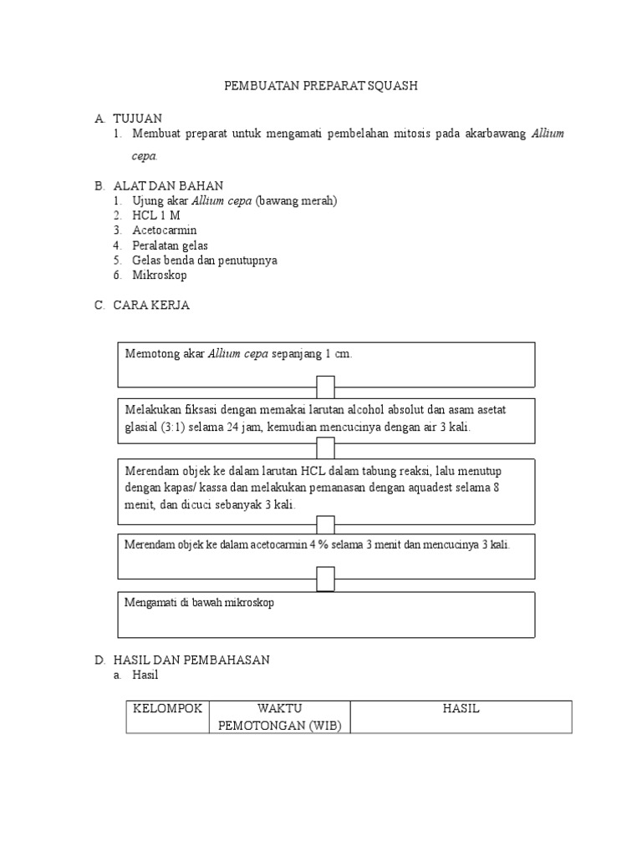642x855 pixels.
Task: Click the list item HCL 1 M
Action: click(155, 215)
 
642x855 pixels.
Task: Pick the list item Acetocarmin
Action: click(164, 230)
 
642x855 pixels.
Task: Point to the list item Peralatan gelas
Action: click(170, 245)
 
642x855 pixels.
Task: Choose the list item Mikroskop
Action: click(160, 275)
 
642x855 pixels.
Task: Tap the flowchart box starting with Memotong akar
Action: click(326, 364)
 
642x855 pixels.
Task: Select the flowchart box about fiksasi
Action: click(326, 420)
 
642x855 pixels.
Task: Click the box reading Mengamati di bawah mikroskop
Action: click(326, 615)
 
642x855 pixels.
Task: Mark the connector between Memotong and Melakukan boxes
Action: click(325, 387)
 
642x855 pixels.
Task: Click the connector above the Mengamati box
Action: click(325, 578)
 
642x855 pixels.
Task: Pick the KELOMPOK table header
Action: click(168, 709)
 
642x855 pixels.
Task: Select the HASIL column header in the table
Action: click(461, 709)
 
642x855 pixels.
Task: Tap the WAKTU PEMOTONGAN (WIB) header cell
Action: click(278, 717)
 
